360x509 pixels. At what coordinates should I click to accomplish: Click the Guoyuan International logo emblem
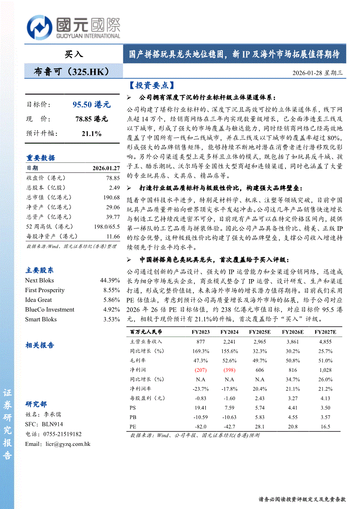40,27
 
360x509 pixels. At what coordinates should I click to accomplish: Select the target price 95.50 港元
92,104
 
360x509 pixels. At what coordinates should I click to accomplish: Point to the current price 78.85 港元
92,119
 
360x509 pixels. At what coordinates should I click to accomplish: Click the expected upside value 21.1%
92,133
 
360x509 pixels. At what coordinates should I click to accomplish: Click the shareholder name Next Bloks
40,280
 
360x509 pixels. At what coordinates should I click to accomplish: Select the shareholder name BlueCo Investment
50,310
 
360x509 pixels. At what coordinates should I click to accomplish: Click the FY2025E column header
260,332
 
